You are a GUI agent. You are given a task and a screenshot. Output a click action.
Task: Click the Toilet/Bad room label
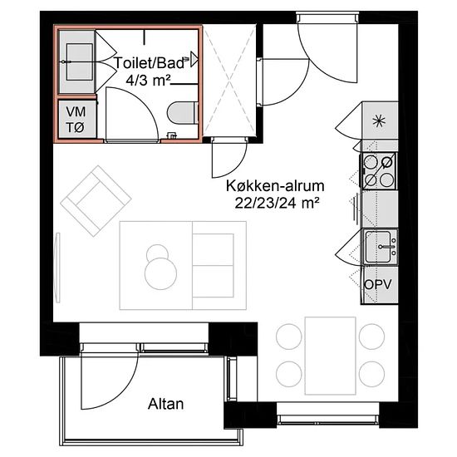click(150, 63)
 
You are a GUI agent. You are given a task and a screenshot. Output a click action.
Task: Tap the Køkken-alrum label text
click(275, 186)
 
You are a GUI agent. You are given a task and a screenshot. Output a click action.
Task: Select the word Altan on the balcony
click(166, 404)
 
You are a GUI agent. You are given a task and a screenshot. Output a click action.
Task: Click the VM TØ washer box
click(76, 119)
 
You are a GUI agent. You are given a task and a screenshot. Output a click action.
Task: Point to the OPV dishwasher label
click(378, 284)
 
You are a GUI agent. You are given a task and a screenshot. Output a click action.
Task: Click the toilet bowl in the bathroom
click(184, 113)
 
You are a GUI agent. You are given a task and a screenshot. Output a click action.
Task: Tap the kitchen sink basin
click(378, 247)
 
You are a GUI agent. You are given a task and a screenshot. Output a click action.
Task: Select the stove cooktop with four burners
click(379, 171)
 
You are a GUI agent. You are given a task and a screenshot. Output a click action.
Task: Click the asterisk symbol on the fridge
click(380, 121)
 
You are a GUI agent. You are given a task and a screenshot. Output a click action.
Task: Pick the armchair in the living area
click(96, 201)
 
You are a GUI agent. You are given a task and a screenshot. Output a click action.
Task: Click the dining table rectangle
click(331, 356)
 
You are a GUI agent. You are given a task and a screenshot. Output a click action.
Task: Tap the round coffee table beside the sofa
click(160, 273)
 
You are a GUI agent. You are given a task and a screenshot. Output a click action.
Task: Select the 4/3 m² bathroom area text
click(149, 80)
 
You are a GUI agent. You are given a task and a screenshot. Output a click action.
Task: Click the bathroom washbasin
click(80, 61)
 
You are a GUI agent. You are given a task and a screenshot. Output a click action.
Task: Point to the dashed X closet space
click(229, 81)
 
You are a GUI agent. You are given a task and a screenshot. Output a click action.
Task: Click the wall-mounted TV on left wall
click(58, 268)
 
